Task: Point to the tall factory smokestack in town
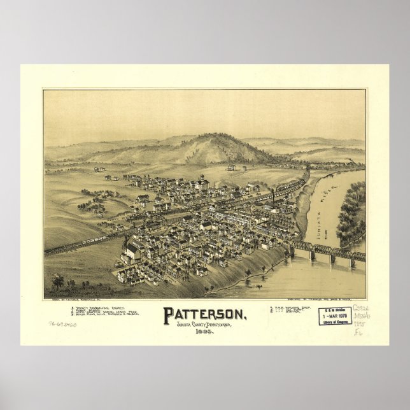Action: click(x=272, y=194)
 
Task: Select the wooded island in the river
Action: click(x=352, y=213)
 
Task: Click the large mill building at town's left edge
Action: click(x=133, y=250)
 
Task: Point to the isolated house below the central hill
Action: click(x=230, y=168)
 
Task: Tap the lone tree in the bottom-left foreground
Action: click(x=58, y=281)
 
